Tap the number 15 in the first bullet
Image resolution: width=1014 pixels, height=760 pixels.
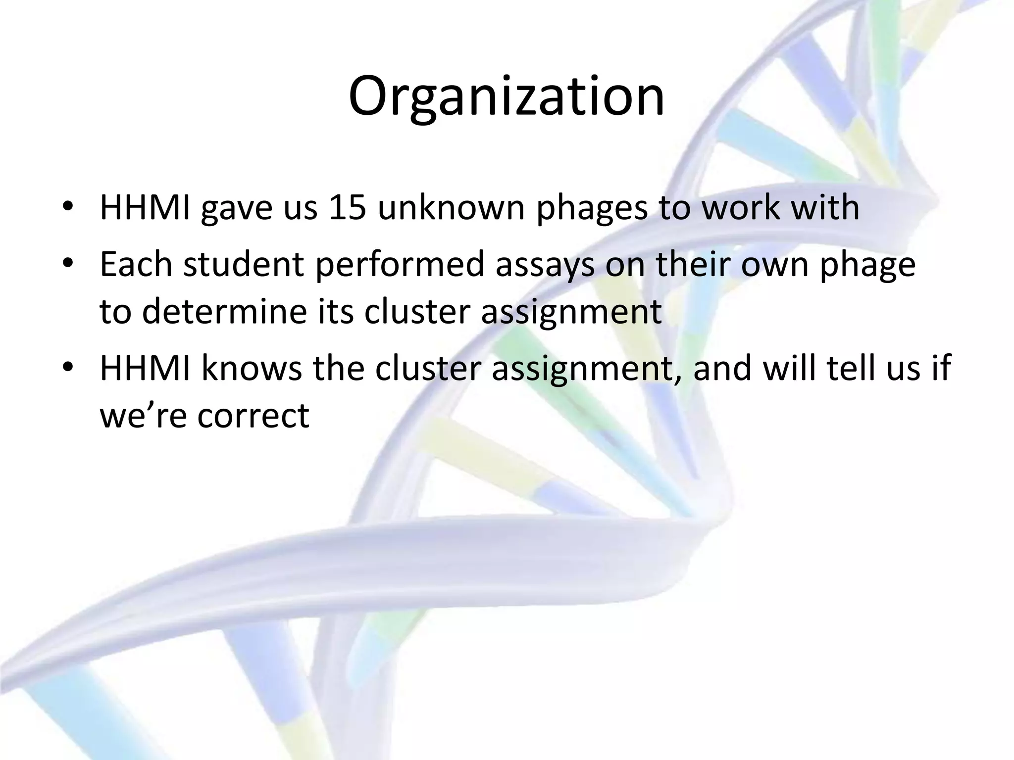point(347,208)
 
